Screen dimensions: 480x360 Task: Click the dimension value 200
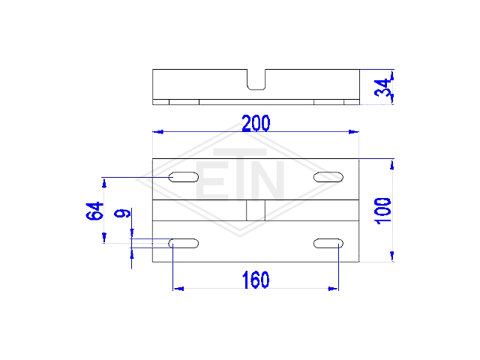256,123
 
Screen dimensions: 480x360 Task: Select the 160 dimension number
256,280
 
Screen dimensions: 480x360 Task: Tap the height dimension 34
382,88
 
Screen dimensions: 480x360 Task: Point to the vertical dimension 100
382,211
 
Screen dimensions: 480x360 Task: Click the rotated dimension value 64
94,211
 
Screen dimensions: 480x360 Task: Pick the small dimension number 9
122,213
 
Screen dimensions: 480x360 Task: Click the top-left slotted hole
183,177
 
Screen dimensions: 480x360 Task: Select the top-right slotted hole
328,177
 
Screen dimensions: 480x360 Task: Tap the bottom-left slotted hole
183,243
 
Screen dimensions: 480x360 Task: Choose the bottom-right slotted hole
328,243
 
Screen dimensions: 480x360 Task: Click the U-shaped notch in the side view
256,89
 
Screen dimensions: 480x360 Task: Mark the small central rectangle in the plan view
256,210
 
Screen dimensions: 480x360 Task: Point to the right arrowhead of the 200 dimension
353,132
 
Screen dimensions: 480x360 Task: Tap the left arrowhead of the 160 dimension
178,288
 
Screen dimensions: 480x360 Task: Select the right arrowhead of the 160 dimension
333,288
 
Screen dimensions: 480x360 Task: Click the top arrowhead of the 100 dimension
392,164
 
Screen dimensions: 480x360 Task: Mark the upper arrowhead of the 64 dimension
104,183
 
